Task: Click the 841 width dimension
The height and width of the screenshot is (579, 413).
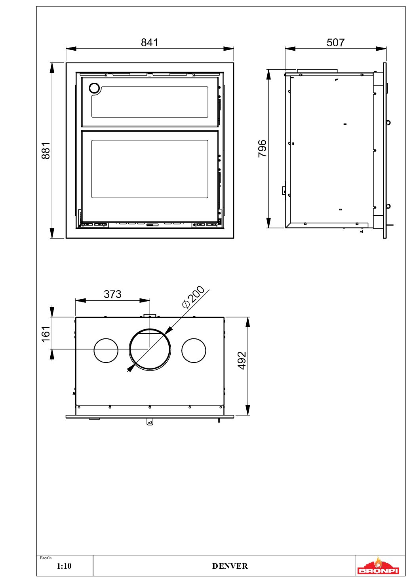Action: pyautogui.click(x=149, y=42)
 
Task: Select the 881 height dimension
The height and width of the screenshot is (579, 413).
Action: pyautogui.click(x=46, y=150)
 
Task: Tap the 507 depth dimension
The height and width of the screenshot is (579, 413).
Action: pyautogui.click(x=335, y=42)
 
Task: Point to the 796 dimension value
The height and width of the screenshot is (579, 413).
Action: pyautogui.click(x=262, y=148)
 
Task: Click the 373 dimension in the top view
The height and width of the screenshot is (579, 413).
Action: pyautogui.click(x=112, y=294)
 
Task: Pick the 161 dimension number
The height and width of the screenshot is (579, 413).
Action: pyautogui.click(x=46, y=334)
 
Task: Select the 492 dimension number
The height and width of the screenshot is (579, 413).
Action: pyautogui.click(x=242, y=360)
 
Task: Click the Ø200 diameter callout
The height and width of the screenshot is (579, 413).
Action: pyautogui.click(x=193, y=297)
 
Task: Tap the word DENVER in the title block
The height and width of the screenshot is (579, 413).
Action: pyautogui.click(x=230, y=566)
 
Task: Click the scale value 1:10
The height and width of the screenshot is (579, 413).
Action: pyautogui.click(x=64, y=566)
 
